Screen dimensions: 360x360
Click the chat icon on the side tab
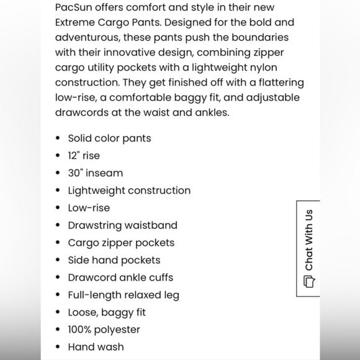pos(309,281)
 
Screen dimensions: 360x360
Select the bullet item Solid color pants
pos(109,138)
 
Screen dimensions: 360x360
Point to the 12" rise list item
pos(84,156)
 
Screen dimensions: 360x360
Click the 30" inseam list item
pos(96,173)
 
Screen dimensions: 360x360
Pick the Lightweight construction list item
pos(129,191)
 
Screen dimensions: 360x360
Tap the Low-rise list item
pos(89,208)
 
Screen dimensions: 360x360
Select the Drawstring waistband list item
pos(122,225)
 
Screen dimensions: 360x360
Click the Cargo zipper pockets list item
pos(121,243)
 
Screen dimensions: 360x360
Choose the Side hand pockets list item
pos(114,260)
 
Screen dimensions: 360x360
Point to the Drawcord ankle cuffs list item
pos(120,277)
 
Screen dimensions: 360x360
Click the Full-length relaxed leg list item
pos(124,295)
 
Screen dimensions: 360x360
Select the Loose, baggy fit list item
pos(107,312)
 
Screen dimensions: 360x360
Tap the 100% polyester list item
pos(104,330)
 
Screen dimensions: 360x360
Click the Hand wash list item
pos(96,347)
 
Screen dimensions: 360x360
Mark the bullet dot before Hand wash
pos(58,347)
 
